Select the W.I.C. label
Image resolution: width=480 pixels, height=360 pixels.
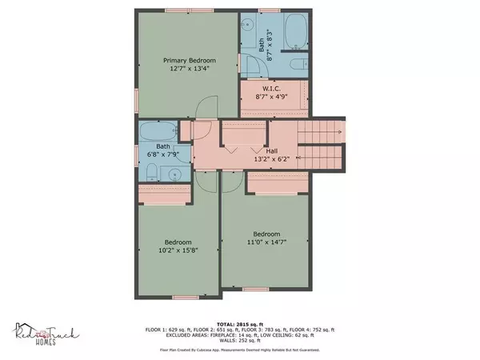pos(271,88)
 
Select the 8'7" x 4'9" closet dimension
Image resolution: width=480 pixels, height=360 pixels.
pos(271,97)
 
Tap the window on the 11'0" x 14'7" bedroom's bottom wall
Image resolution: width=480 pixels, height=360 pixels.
pos(255,289)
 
